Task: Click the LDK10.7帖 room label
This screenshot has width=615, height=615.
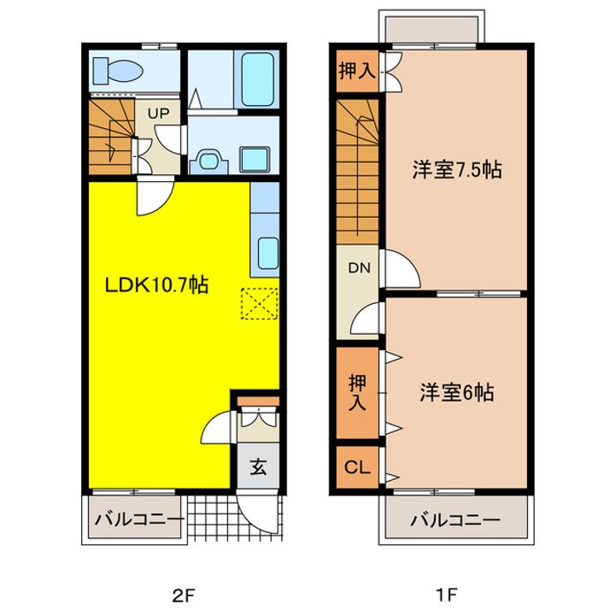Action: click(x=156, y=284)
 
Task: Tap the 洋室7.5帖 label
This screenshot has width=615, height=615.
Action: click(x=457, y=170)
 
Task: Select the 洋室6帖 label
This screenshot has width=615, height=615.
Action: click(x=457, y=392)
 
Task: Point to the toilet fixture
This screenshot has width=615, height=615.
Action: click(x=118, y=71)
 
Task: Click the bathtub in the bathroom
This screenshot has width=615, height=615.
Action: click(x=257, y=79)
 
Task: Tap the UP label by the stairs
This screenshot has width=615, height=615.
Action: click(x=159, y=114)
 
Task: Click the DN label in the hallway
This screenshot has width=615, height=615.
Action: click(x=360, y=268)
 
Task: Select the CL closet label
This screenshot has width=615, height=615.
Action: click(x=357, y=467)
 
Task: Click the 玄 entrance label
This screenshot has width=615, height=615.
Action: click(x=259, y=466)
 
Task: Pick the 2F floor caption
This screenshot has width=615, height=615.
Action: click(x=184, y=596)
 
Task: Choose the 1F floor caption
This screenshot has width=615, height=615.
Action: click(x=446, y=596)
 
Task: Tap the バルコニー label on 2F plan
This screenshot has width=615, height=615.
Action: click(x=139, y=520)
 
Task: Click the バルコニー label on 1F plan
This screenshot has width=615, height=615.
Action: click(x=455, y=520)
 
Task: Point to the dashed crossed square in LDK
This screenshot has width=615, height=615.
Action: click(x=260, y=303)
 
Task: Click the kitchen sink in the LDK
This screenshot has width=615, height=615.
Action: click(x=268, y=253)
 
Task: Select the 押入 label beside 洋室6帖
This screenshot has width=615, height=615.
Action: click(x=357, y=392)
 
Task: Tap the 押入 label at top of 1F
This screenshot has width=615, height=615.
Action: click(x=357, y=71)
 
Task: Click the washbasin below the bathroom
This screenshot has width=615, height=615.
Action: click(x=208, y=161)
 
